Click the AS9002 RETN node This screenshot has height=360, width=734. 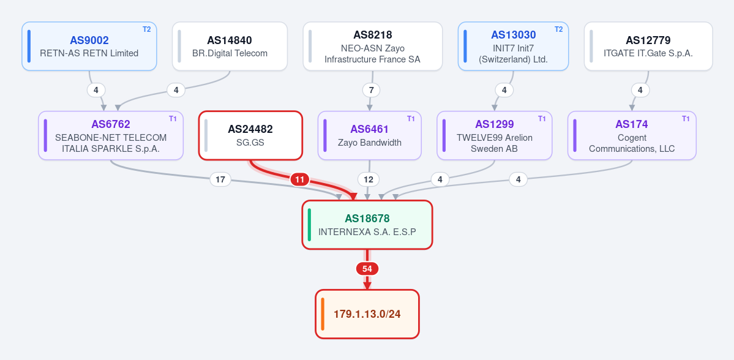(89, 47)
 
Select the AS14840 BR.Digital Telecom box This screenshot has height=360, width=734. (230, 47)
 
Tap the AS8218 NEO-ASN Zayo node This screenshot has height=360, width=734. (373, 47)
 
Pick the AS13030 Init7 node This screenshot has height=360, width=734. (513, 47)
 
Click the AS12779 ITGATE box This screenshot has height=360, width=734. (648, 47)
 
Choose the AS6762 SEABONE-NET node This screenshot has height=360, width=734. (110, 135)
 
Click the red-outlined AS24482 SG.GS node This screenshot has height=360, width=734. (250, 135)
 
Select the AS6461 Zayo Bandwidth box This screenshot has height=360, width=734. (369, 135)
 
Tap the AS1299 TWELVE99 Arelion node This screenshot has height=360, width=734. (494, 135)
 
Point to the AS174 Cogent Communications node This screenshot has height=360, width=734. (632, 135)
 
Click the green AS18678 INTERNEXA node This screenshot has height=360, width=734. (367, 225)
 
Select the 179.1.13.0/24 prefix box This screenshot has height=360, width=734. (367, 313)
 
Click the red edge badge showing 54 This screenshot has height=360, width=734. (367, 269)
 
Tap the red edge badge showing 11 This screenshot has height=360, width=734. (299, 179)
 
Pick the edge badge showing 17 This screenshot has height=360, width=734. (220, 179)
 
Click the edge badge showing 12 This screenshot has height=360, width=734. (369, 179)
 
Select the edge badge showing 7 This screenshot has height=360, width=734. (371, 90)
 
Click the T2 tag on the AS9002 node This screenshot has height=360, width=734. (146, 29)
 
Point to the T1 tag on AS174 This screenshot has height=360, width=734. (686, 118)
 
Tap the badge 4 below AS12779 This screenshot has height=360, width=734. (640, 90)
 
